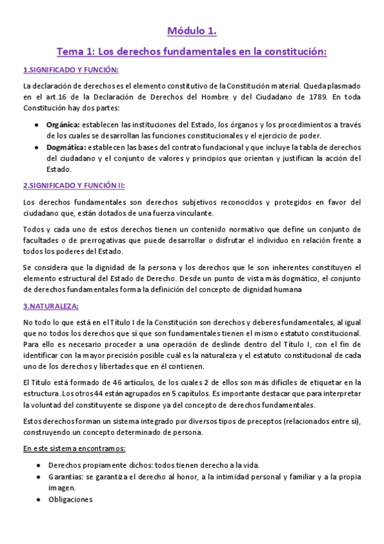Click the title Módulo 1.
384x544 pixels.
pyautogui.click(x=192, y=31)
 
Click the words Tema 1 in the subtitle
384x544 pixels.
pyautogui.click(x=74, y=52)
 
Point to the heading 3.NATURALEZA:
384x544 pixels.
pyautogui.click(x=51, y=307)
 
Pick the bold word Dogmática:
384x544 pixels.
pyautogui.click(x=65, y=148)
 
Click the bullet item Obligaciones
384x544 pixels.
pyautogui.click(x=71, y=499)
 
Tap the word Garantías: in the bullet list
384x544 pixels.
pyautogui.click(x=66, y=477)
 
